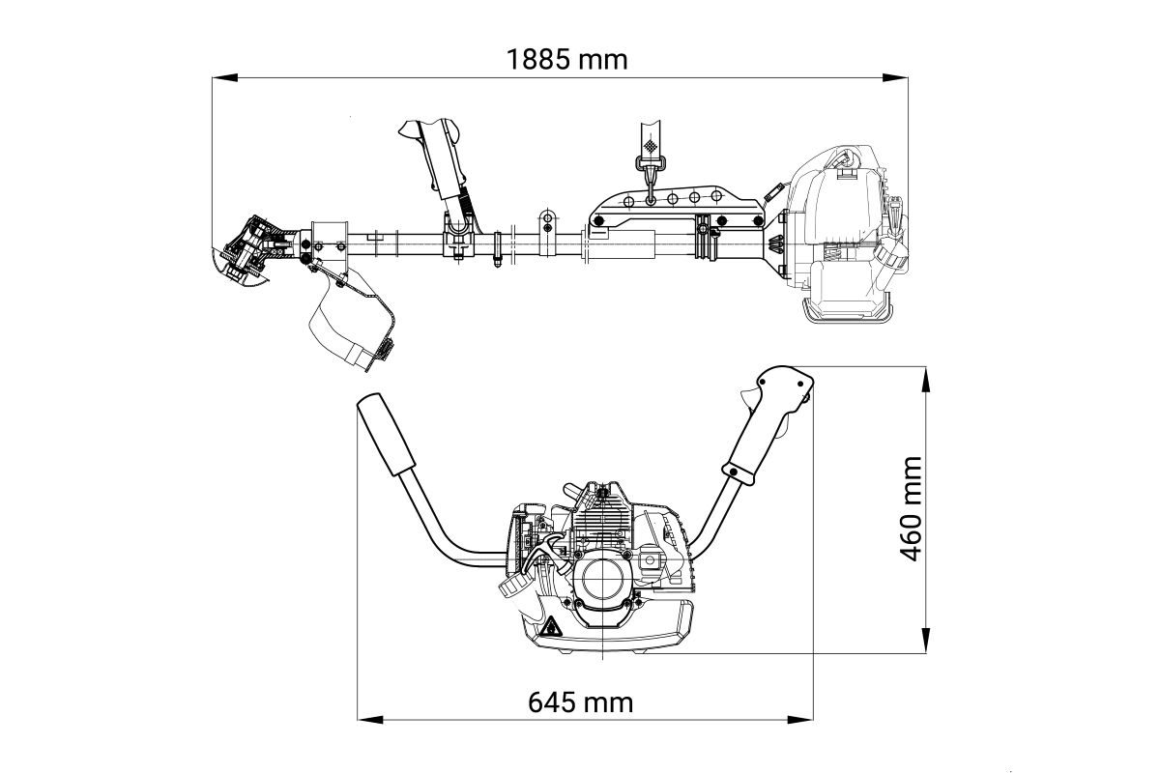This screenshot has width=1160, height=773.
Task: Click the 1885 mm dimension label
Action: (566, 60)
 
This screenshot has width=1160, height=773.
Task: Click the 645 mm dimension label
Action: (581, 702)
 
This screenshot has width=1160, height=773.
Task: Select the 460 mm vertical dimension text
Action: (911, 509)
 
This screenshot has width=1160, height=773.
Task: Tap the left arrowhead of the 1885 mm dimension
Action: (224, 77)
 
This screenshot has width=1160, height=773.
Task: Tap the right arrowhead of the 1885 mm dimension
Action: (895, 77)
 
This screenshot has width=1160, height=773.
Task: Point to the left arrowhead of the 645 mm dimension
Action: (370, 719)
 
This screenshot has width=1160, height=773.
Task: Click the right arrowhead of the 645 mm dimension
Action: (800, 719)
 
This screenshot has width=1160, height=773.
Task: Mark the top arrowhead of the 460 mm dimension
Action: (926, 380)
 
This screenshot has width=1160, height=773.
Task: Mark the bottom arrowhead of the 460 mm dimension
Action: (926, 641)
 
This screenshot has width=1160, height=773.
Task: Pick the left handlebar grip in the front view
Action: (387, 434)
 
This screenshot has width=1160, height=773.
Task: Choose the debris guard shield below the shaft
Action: (352, 320)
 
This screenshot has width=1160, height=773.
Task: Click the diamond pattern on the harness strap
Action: (650, 144)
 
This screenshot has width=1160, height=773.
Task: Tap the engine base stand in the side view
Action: (847, 308)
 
